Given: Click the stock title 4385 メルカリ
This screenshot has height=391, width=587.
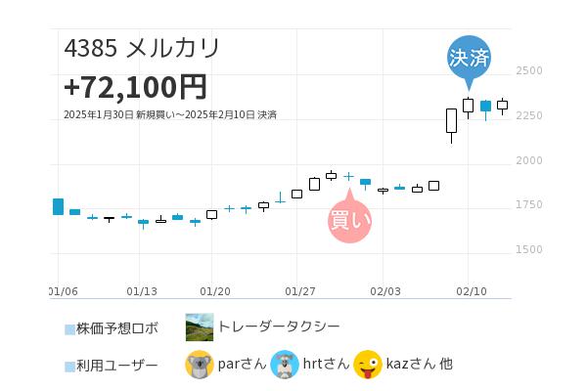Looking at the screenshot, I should point(142,48).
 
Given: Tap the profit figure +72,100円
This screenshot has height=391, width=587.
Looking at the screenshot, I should point(135,87).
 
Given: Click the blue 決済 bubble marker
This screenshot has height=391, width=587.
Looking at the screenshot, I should point(469,58).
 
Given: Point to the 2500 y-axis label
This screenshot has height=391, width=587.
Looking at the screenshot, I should point(528,71).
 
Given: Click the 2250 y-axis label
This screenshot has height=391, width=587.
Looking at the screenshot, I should point(528,116).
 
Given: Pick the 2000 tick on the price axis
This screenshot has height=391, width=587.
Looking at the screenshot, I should point(528,160).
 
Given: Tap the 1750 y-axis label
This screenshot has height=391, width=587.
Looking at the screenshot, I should point(528,205).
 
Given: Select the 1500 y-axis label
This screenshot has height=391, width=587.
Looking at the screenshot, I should point(528,250).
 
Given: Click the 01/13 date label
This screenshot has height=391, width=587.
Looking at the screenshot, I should point(142,291).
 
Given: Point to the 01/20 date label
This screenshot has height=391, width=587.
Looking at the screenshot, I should point(215,291).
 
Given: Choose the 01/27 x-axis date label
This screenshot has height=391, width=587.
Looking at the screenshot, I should point(299,291).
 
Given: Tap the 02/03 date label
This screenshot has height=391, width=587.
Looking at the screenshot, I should point(385,291).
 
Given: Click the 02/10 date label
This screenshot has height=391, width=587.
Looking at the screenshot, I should point(472,291).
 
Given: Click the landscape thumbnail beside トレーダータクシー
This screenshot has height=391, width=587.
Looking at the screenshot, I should point(200,327).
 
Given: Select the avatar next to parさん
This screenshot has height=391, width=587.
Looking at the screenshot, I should point(200,365).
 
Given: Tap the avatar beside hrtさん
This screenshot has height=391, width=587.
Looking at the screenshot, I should point(285,365).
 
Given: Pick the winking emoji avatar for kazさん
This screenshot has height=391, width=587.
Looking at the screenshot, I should point(368,365).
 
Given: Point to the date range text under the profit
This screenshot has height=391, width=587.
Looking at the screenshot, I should point(169,115).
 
